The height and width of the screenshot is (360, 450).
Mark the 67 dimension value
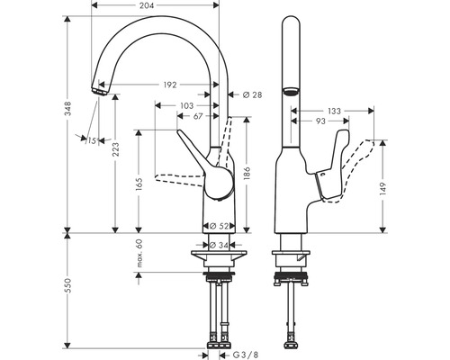click(x=197, y=116)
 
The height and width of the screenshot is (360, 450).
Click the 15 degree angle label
click(x=92, y=139)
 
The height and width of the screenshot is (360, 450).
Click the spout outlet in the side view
click(x=291, y=93)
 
